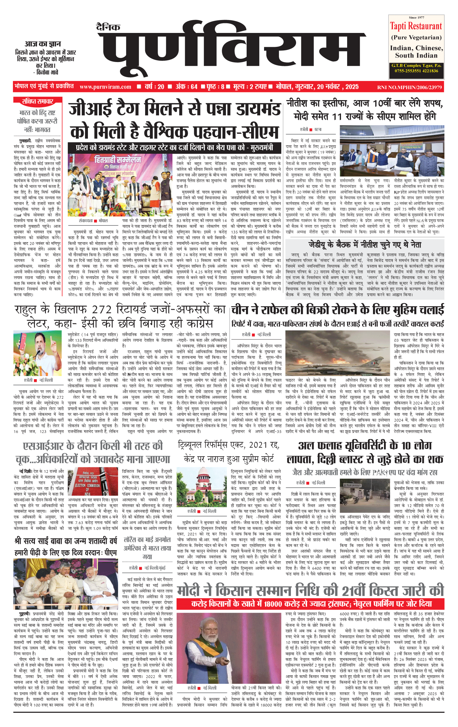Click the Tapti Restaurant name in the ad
(x=416, y=26)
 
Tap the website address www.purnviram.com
(x=105, y=87)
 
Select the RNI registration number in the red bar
(x=409, y=87)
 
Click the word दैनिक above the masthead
(x=108, y=27)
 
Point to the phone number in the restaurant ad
(x=416, y=71)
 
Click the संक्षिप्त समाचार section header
(x=37, y=101)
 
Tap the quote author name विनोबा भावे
(x=47, y=72)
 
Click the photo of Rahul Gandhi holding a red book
(x=37, y=353)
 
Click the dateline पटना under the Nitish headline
(x=318, y=130)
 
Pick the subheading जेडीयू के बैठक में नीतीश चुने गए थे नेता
(x=365, y=245)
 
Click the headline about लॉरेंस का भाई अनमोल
(x=147, y=548)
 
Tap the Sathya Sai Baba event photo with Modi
(x=66, y=584)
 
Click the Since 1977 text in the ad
(x=416, y=17)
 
